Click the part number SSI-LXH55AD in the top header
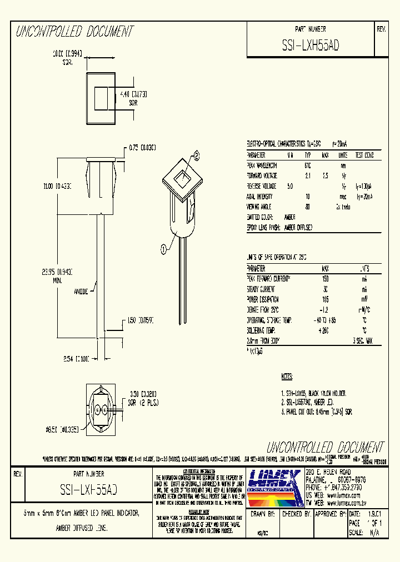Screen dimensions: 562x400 pos(311,47)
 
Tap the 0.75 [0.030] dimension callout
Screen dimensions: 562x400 pos(142,147)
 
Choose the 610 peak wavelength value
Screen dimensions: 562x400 pos(308,165)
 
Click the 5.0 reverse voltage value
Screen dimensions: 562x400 pos(289,186)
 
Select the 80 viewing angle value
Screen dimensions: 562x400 pos(308,206)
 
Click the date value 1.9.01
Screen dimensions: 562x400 pos(373,515)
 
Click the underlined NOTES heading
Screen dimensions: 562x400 pos(287,377)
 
